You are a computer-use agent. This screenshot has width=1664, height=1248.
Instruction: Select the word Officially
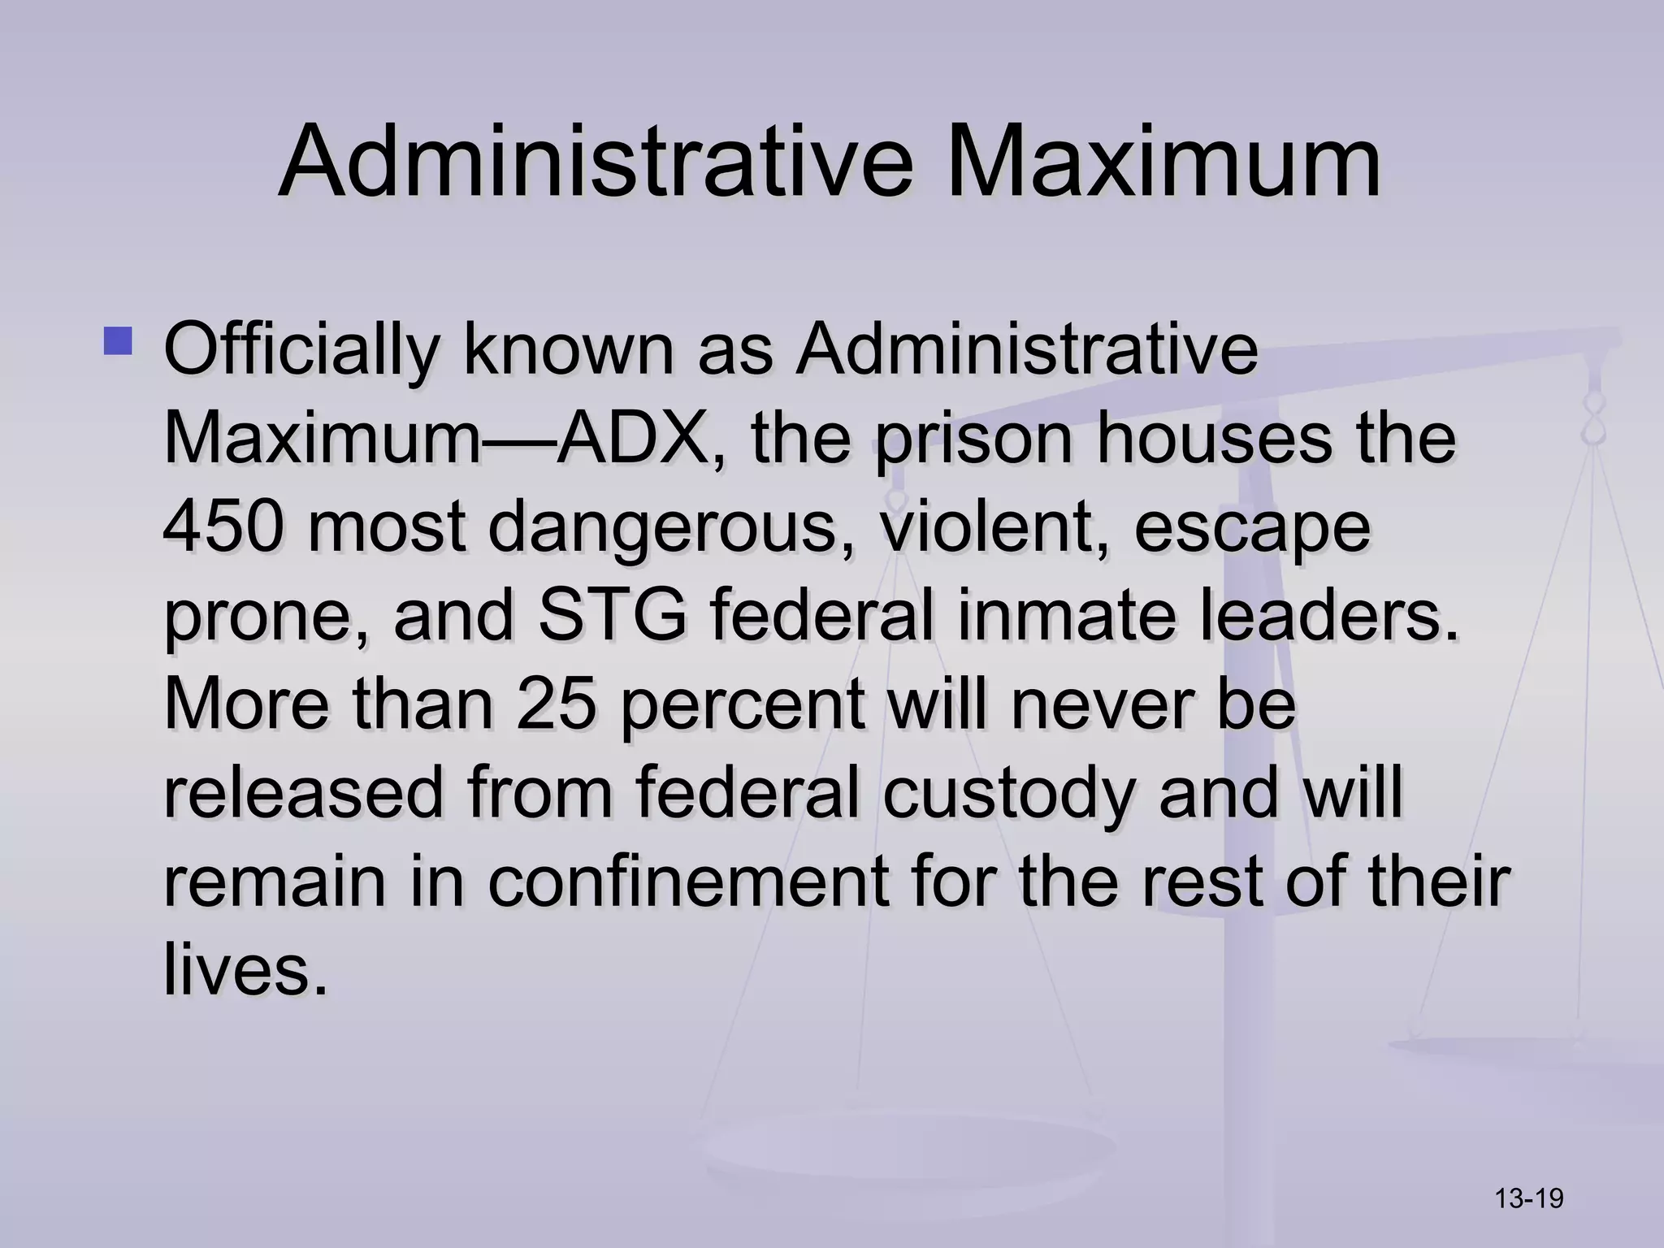[301, 351]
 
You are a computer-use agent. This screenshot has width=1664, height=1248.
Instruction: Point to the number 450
[223, 526]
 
